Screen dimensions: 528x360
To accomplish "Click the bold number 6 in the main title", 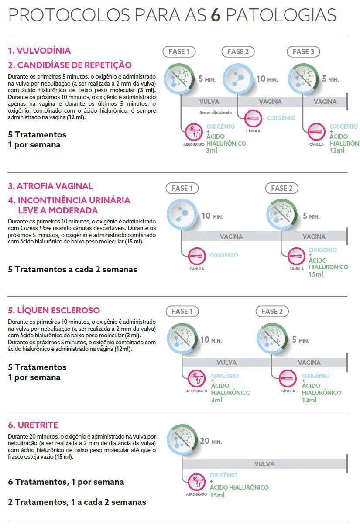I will pos(215,15).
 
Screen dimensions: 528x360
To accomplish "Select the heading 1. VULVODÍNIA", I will pos(39,51).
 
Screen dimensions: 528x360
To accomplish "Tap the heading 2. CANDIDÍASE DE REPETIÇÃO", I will pos(70,65).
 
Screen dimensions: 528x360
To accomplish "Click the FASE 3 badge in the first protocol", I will pos(303,52).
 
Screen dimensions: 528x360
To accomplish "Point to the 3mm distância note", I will pos(216,112).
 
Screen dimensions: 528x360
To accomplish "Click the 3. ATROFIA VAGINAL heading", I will pos(50,186).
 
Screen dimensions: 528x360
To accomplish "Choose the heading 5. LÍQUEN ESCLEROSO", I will pos(54,310).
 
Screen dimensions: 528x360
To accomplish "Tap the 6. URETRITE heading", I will pos(33,425).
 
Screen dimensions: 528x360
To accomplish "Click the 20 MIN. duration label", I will pos(211,441).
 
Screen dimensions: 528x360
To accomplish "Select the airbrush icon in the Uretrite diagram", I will pos(196,482).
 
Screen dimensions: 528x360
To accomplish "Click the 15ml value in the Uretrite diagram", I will pos(217,495).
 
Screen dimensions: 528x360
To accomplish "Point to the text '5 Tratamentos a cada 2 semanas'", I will pos(72,269).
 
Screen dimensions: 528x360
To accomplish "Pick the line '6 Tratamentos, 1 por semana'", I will pos(66,482).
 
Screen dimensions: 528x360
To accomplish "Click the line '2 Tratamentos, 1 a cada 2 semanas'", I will pos(77,502).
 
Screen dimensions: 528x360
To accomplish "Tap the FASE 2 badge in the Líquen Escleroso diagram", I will pos(272,312).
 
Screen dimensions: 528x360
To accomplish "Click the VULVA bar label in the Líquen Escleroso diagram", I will pos(226,363).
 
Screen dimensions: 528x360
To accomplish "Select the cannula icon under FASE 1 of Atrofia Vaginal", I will pos(196,256).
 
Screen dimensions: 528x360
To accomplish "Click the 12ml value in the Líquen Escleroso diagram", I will pos(309,400).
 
